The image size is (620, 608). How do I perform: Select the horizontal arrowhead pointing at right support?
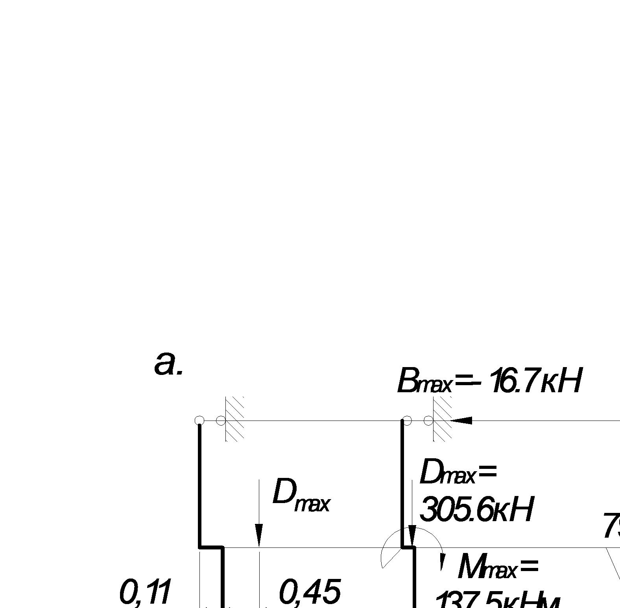461,421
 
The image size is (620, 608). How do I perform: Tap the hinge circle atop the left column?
199,421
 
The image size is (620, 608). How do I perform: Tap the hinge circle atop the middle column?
407,421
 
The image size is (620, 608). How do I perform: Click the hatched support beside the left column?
234,419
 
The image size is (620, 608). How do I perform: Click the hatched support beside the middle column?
442,419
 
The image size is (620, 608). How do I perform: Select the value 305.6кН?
476,510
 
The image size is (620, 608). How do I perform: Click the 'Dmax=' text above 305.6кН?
458,473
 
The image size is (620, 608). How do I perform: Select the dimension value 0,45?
309,592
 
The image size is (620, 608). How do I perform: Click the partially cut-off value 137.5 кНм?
498,601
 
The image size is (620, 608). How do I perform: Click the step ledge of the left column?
212,547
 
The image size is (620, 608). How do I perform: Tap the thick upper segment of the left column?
200,483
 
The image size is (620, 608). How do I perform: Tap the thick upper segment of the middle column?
402,483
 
